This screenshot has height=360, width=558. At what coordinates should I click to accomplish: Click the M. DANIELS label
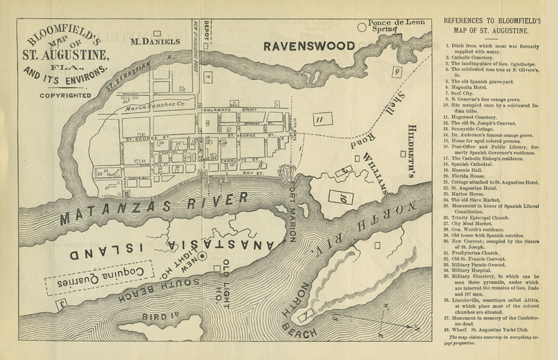tap(155, 41)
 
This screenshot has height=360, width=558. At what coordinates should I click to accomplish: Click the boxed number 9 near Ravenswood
tap(397, 71)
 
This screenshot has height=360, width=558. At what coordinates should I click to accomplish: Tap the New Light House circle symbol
tap(203, 256)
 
